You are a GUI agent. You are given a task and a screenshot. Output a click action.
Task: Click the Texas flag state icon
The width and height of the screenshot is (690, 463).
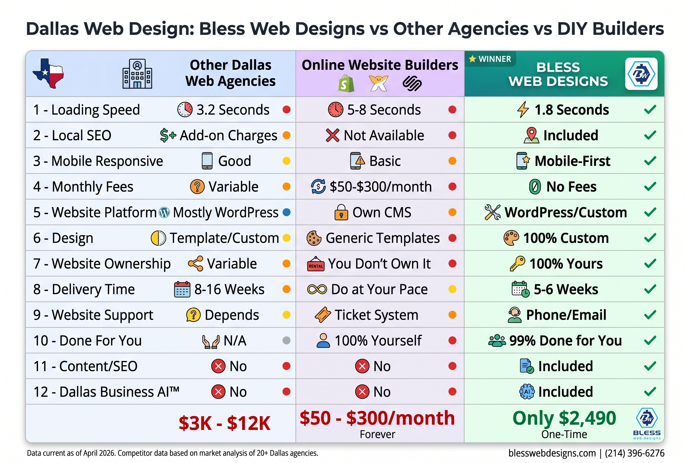[48, 73]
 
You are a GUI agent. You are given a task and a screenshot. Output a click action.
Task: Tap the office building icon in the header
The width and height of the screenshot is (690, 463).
[137, 74]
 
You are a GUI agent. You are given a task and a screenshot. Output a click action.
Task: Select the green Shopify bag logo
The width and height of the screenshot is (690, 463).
[346, 84]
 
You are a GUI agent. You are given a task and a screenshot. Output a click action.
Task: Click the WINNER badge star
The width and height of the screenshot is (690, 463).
[472, 59]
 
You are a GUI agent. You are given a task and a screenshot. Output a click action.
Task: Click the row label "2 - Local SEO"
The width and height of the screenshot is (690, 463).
[72, 135]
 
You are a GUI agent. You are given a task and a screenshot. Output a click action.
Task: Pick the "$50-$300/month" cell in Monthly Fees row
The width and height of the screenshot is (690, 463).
[380, 187]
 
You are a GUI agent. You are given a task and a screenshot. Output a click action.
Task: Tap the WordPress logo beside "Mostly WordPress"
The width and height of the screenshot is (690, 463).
[164, 212]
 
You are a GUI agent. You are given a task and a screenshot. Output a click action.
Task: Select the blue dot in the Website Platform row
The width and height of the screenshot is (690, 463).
[286, 212]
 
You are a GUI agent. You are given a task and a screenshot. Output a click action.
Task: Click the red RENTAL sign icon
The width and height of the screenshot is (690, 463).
[316, 264]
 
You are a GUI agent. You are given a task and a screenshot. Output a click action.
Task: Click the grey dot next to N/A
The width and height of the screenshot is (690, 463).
[286, 341]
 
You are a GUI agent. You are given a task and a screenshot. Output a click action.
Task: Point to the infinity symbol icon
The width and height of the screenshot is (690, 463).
[317, 289]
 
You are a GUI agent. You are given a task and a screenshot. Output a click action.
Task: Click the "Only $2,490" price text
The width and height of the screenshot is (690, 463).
[564, 419]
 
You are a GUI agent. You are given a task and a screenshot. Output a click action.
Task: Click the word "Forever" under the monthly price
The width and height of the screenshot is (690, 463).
[377, 435]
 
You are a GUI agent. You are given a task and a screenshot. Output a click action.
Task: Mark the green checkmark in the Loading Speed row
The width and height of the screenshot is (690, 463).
[650, 110]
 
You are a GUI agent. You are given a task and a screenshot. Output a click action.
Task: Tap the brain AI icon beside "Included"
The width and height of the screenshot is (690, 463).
[527, 392]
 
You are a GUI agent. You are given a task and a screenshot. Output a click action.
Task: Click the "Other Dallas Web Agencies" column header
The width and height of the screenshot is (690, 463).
[230, 73]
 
